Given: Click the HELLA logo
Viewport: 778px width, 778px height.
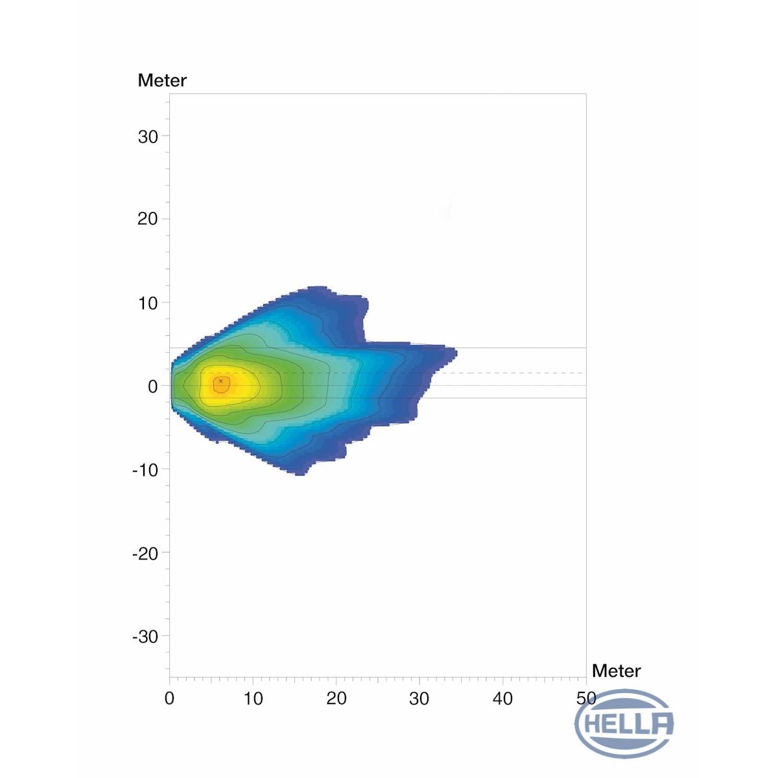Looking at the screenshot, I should point(624,723).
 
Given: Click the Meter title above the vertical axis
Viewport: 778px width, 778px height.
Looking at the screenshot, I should point(162,80).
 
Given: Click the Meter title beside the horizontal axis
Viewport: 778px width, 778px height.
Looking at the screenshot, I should point(616,670).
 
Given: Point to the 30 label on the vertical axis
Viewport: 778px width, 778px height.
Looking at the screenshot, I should point(148,137).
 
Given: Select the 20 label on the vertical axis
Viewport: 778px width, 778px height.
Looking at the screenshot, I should point(148,219).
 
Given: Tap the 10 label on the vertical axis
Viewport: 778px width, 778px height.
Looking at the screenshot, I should point(148,303).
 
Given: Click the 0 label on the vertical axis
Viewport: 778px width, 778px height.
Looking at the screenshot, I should point(153,386).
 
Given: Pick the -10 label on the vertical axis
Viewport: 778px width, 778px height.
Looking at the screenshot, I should point(145,469).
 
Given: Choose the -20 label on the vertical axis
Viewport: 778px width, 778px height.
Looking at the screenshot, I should point(145,553).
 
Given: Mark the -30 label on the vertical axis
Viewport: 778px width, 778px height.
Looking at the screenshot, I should point(145,637).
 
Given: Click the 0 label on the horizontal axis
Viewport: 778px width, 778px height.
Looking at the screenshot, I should point(170,698).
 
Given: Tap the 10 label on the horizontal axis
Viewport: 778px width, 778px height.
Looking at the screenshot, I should point(253,698).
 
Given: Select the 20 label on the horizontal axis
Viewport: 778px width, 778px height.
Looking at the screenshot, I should point(336,698).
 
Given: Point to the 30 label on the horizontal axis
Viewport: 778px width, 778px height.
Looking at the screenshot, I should point(419,698).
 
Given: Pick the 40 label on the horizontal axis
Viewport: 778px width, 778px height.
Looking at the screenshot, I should point(503,698).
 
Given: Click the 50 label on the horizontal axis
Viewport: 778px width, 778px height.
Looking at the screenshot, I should point(586,698).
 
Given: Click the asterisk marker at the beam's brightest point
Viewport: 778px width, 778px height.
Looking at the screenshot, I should point(221,381).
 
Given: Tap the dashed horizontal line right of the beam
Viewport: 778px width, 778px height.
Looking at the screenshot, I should point(519,373).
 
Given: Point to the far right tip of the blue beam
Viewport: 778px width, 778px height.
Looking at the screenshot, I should point(456,353).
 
